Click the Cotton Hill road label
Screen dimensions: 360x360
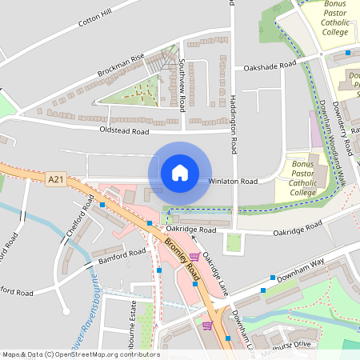95,19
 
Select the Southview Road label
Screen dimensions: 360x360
182,84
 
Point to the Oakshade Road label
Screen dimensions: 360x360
270,66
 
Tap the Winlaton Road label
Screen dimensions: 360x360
233,182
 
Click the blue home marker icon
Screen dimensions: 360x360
180,172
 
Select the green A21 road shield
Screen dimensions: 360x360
55,180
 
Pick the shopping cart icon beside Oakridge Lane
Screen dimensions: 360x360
194,257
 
